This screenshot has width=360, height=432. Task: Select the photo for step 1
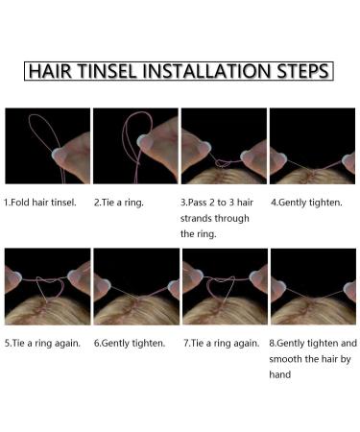click(x=46, y=145)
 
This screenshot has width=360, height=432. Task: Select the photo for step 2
click(x=135, y=145)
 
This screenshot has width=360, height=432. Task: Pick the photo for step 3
click(x=224, y=145)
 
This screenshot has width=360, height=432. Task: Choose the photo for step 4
click(x=312, y=145)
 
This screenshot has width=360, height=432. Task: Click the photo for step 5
click(x=46, y=286)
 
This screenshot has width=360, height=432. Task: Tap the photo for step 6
click(x=135, y=286)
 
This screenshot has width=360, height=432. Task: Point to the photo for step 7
click(x=224, y=286)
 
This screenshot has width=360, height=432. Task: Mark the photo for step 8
click(x=312, y=286)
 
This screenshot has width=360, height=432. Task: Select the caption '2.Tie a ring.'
click(x=122, y=203)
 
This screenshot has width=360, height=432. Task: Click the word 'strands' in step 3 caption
click(x=200, y=218)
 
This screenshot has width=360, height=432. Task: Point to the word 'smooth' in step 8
click(x=291, y=359)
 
